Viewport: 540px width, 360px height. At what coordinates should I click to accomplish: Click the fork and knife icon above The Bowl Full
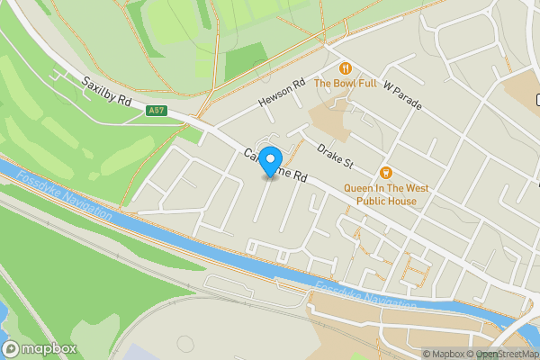[x=345, y=68]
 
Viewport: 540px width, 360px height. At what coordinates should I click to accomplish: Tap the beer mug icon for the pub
[x=386, y=172]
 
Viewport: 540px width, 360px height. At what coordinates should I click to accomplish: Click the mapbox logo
[x=40, y=348]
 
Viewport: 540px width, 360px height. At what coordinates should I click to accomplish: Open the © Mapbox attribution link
[x=446, y=354]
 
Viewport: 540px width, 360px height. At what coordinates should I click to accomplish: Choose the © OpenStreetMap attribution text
[x=506, y=354]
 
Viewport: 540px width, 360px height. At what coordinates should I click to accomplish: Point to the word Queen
[x=361, y=188]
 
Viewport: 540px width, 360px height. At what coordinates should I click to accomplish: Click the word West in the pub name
[x=415, y=188]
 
